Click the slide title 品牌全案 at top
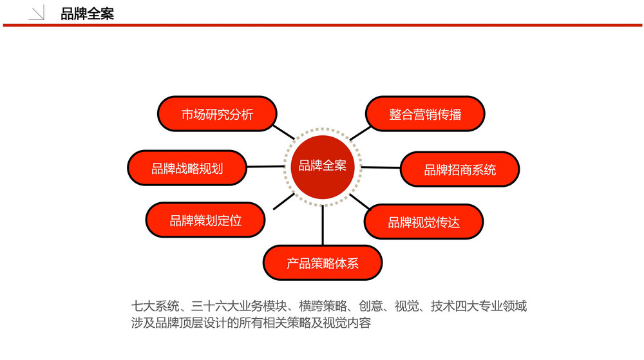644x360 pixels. tap(87, 14)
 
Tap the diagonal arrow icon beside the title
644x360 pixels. tap(37, 12)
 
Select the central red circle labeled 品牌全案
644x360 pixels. tap(323, 167)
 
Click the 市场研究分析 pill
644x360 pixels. tap(217, 114)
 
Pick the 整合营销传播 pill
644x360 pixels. tap(425, 114)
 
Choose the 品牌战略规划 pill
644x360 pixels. tap(187, 168)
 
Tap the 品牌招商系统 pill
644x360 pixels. tap(460, 169)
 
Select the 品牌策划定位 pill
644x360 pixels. tap(205, 220)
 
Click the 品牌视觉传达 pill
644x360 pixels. tap(424, 222)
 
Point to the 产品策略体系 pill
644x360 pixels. tap(323, 263)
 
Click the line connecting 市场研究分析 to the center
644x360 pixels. tap(284, 132)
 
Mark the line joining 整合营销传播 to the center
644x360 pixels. tap(360, 133)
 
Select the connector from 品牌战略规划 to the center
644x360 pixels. tap(265, 167)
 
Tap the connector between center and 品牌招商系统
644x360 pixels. tap(381, 167)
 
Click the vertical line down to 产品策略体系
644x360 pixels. tap(323, 225)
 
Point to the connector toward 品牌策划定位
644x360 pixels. tap(284, 202)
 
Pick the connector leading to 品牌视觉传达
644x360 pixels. tap(360, 202)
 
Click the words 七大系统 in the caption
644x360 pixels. tap(155, 306)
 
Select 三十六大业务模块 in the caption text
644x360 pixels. tap(239, 306)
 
